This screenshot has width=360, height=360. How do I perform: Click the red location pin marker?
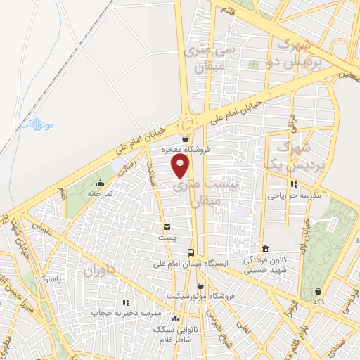tap(181, 166)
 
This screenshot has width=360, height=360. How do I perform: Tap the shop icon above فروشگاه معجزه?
tap(185, 139)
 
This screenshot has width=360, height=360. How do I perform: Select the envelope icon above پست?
tap(167, 227)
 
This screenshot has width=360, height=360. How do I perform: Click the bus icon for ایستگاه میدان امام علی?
tap(191, 252)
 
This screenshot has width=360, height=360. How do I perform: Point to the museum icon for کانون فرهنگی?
tap(265, 249)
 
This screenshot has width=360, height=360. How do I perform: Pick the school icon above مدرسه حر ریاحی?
tap(293, 185)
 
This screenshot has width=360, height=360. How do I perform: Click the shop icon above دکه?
tap(319, 291)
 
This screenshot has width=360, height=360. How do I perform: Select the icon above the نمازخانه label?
tap(100, 183)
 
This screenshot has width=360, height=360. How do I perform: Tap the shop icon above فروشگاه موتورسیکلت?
tap(202, 285)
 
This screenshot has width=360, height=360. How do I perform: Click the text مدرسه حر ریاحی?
tap(293, 196)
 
